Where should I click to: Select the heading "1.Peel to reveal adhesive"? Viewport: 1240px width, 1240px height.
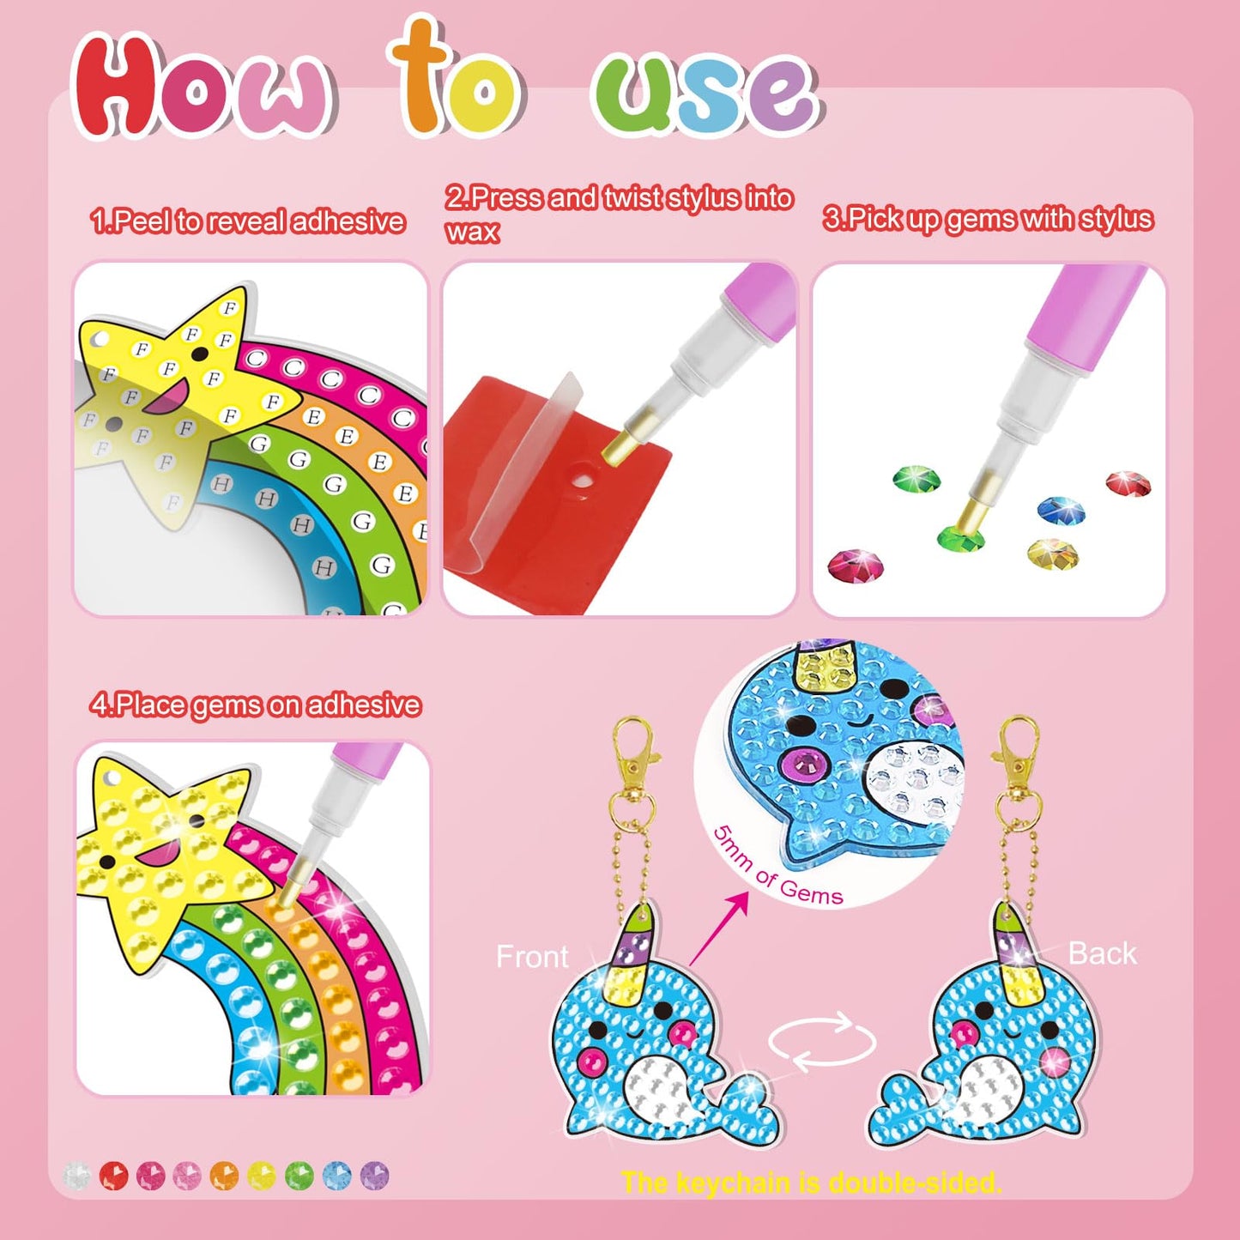pyautogui.click(x=247, y=221)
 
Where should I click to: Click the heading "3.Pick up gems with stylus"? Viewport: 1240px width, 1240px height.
pyautogui.click(x=987, y=219)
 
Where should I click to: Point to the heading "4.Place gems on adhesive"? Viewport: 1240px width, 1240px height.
pyautogui.click(x=255, y=705)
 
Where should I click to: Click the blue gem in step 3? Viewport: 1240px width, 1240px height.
pyautogui.click(x=1061, y=510)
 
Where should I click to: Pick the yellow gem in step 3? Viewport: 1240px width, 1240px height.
pyautogui.click(x=1052, y=552)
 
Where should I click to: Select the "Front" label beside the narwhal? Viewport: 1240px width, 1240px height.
pyautogui.click(x=532, y=956)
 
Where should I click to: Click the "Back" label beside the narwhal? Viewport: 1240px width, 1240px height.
pyautogui.click(x=1102, y=953)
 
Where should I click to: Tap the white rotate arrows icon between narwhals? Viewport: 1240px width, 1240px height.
pyautogui.click(x=821, y=1042)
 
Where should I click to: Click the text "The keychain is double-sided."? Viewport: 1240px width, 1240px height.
pyautogui.click(x=811, y=1183)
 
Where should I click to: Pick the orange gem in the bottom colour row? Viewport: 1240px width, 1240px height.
pyautogui.click(x=224, y=1175)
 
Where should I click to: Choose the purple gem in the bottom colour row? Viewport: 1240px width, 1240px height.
pyautogui.click(x=375, y=1175)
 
